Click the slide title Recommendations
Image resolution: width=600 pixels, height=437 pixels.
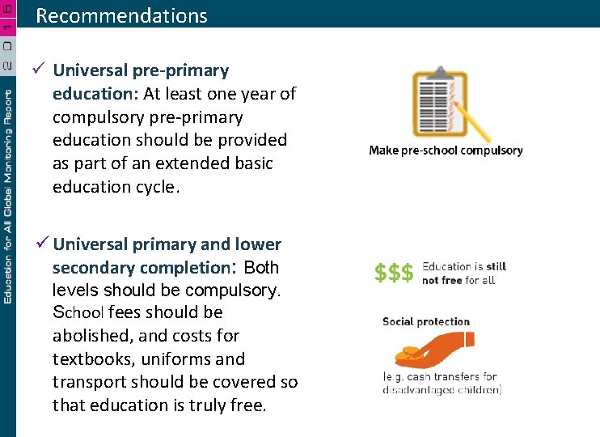click(121, 15)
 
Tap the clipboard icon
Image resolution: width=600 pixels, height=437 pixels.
click(437, 104)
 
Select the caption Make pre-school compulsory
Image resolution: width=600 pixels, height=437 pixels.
click(446, 151)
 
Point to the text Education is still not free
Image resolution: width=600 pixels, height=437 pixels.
click(463, 274)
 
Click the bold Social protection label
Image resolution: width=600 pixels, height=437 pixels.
click(426, 322)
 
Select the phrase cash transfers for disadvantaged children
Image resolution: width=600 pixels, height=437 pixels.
click(442, 384)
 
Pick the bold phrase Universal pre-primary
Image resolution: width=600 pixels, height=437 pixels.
click(141, 70)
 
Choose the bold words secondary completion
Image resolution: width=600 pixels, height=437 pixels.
click(142, 267)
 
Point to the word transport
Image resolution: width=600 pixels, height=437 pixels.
click(86, 382)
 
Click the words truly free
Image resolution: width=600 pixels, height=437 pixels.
click(231, 405)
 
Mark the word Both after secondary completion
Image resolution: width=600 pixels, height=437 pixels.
click(261, 267)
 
